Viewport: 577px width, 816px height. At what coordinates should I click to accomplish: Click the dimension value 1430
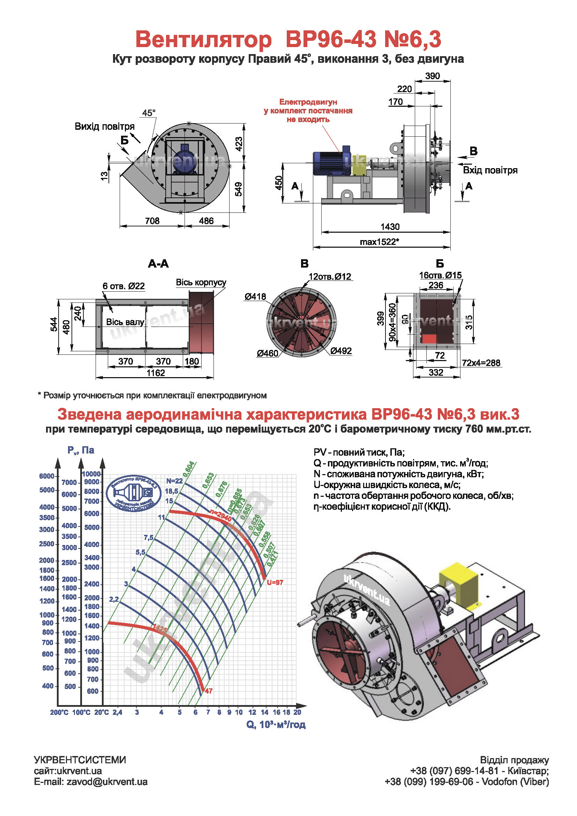click(x=390, y=227)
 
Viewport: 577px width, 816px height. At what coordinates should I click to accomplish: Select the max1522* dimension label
click(x=379, y=242)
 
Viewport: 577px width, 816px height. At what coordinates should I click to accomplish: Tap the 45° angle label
click(x=149, y=113)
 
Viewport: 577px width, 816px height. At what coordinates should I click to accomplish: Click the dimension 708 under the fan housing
click(x=152, y=221)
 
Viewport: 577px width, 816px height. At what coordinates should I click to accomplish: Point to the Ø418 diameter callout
click(x=255, y=297)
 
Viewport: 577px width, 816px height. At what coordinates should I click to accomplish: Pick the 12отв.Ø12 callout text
click(x=330, y=277)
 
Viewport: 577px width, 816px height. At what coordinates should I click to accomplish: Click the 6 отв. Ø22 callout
click(x=123, y=286)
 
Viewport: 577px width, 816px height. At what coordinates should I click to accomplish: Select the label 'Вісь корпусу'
click(x=201, y=283)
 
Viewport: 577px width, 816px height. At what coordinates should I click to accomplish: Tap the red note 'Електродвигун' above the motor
click(x=308, y=102)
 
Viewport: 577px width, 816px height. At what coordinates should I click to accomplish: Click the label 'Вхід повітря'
click(x=490, y=170)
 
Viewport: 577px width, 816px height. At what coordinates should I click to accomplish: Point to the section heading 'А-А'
click(x=158, y=264)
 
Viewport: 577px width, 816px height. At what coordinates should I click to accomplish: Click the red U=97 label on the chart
click(x=275, y=583)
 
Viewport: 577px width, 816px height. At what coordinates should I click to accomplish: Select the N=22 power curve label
click(x=174, y=481)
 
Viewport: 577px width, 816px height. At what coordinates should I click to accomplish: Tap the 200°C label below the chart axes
click(x=59, y=713)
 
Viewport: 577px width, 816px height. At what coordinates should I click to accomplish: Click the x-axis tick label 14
click(x=265, y=712)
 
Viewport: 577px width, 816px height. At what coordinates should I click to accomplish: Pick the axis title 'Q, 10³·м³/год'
click(x=276, y=725)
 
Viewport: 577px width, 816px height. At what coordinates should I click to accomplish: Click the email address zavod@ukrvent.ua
click(x=107, y=782)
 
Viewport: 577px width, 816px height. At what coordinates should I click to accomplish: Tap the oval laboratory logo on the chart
click(x=134, y=493)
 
